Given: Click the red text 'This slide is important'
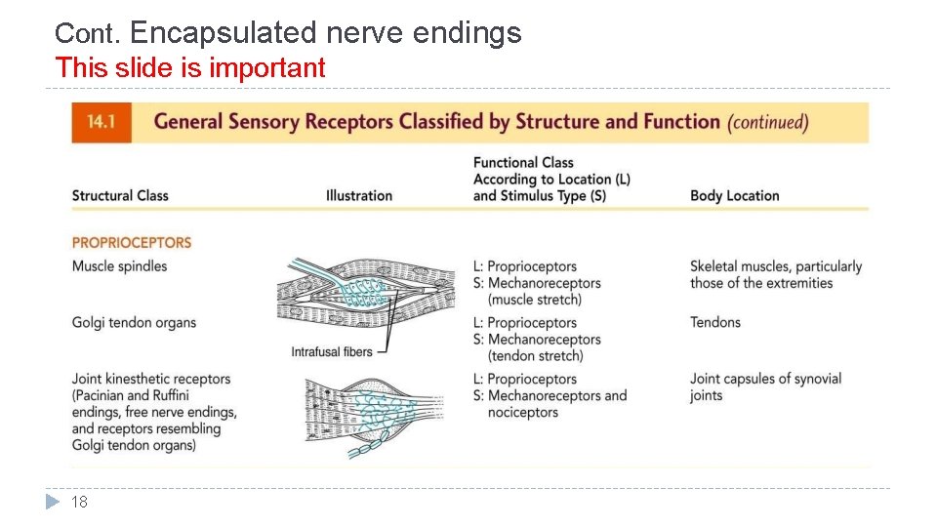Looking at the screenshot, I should point(190,68).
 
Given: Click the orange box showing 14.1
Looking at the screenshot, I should point(101,122).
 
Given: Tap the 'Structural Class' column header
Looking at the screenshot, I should point(120,195).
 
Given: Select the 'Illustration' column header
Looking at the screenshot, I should point(359,195).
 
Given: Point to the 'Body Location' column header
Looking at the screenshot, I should point(734,195).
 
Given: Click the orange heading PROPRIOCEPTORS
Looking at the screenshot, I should point(132,242).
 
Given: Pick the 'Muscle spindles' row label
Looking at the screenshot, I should point(119,266).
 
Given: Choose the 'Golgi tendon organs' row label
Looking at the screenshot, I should point(134,323).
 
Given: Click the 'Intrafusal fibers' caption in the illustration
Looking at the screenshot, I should point(332,351).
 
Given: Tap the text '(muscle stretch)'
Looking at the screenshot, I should point(535,300).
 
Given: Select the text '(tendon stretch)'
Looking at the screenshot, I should point(536,356).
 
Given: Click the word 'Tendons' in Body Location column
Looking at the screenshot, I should point(715,322).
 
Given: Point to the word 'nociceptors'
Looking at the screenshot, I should point(523,413).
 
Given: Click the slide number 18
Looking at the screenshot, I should point(80,503).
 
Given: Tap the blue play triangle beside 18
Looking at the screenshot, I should point(54,503).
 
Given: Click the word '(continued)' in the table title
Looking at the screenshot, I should point(768,123).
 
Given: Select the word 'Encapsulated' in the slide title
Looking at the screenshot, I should point(224,33).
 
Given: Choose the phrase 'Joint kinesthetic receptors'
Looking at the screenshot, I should point(151,379).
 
